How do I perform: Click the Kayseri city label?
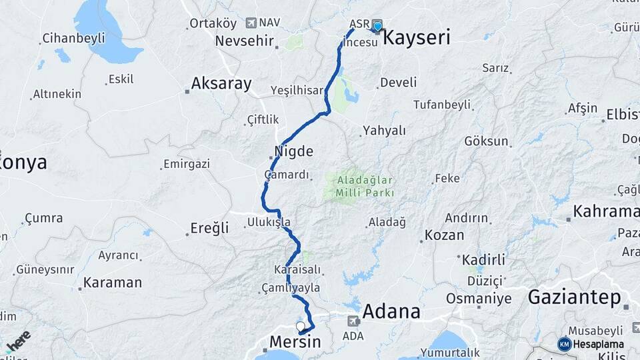point(417,37)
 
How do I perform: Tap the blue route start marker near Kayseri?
point(378,27)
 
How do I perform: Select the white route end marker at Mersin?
point(300,326)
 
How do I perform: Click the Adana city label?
point(391,311)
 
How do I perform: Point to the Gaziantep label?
point(574,297)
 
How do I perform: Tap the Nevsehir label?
point(245,41)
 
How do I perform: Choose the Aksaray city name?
point(221,84)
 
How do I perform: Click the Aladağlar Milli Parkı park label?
point(360,187)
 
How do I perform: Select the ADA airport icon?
point(352,321)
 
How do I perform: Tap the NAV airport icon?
point(251,23)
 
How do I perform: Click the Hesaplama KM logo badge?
point(565,344)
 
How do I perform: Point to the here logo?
point(19,340)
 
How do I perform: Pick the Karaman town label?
point(113,283)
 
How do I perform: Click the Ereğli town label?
point(209,228)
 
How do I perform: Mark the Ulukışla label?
point(269,221)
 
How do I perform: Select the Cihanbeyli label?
point(73,38)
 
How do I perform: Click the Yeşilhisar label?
point(297,90)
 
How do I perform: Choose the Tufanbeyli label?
point(441,105)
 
